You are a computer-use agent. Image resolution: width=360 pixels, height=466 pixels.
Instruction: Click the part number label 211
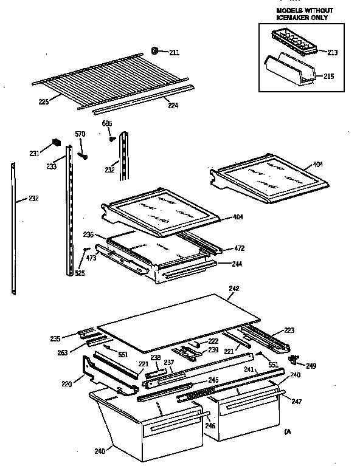(174, 52)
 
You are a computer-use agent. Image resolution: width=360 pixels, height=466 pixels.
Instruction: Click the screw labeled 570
(83, 156)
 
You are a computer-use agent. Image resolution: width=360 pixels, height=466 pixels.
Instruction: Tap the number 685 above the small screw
(107, 124)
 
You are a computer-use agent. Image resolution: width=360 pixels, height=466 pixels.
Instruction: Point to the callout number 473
(91, 258)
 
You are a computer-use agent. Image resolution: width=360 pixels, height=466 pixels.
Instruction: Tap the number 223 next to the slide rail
(288, 331)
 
